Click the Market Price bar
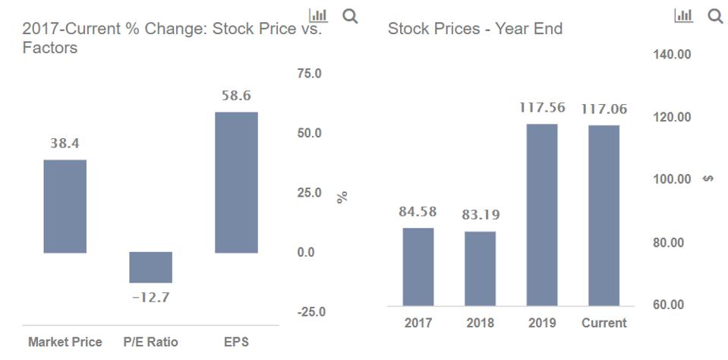coord(65,206)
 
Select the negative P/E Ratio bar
coord(150,267)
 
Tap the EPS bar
coord(236,182)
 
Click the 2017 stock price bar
coord(418,267)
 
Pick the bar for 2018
coord(480,269)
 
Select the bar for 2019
coord(542,215)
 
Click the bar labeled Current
coord(604,216)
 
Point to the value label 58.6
coord(236,96)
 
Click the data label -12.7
coord(150,297)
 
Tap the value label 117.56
coord(542,108)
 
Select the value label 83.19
coord(481,215)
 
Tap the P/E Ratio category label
coord(150,343)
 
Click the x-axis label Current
coord(604,323)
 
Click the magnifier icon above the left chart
coord(350,15)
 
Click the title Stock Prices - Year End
coord(475,30)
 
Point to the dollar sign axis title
coord(708,179)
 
